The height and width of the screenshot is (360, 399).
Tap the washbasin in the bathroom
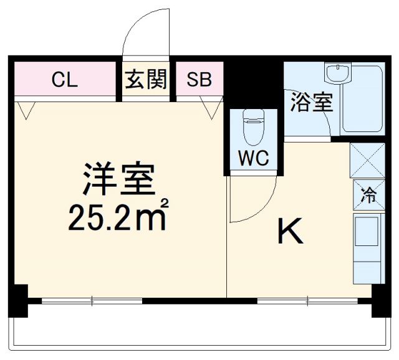[337, 74]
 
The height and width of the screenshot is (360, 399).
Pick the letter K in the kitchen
[290, 233]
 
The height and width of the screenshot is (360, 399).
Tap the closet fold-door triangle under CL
[26, 110]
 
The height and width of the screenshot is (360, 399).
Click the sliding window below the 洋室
[92, 301]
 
